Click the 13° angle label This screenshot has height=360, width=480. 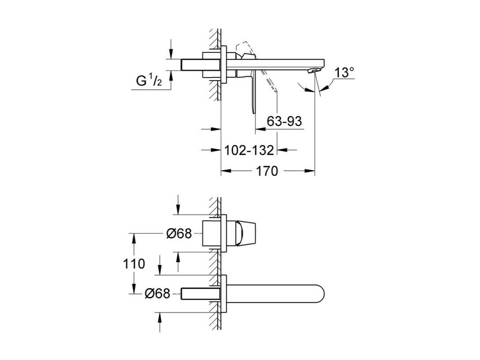click(344, 73)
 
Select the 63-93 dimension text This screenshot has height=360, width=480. click(284, 121)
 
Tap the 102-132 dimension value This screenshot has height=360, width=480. click(249, 150)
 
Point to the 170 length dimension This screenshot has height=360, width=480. click(267, 171)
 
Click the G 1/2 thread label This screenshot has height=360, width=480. click(149, 81)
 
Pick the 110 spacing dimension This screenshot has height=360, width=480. click(134, 264)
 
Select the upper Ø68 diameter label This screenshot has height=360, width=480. click(179, 234)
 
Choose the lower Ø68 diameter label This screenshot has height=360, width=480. click(157, 293)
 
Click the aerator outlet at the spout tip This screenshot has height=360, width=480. click(313, 71)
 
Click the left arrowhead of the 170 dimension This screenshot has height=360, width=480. click(226, 171)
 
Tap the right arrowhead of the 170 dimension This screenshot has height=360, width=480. click(310, 171)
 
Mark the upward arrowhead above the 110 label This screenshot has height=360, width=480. click(134, 238)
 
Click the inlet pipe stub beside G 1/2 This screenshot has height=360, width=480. click(201, 65)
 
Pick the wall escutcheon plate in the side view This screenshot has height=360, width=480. click(224, 65)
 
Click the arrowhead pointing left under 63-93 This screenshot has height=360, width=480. click(260, 129)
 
